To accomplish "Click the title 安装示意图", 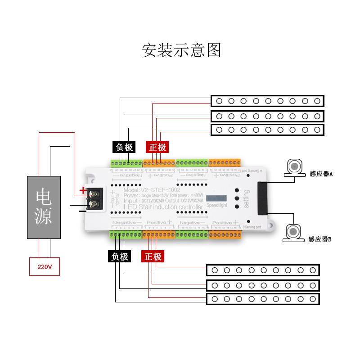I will click(x=181, y=50).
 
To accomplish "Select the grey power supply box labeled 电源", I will click(x=43, y=207).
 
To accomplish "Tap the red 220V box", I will click(x=44, y=266).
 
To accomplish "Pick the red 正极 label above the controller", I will click(x=157, y=147).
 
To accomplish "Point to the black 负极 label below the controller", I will click(x=119, y=256).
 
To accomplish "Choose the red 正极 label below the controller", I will click(x=153, y=256).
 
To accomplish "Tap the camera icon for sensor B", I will click(x=294, y=232).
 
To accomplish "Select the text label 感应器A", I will click(x=321, y=174).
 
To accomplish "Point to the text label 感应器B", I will click(x=320, y=239).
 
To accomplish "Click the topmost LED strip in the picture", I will click(x=267, y=101).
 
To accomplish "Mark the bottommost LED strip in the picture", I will click(x=263, y=299).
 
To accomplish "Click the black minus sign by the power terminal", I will click(x=83, y=211).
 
